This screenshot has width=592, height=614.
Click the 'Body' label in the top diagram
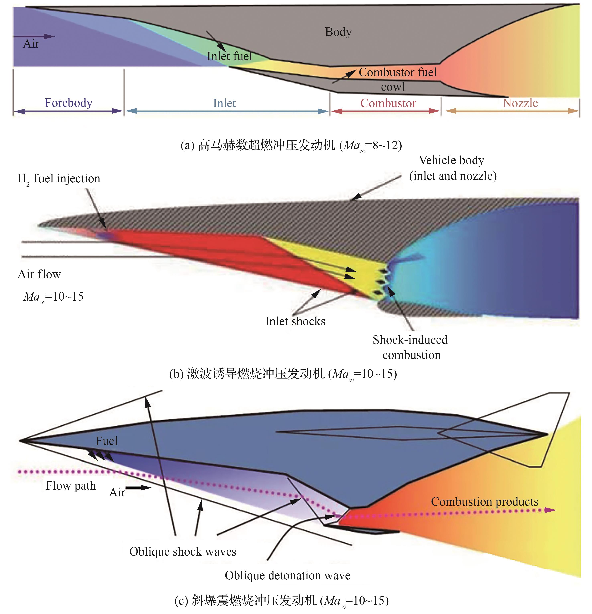coord(338,32)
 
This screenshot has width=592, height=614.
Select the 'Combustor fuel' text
coord(397,72)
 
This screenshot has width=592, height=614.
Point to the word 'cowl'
coord(393,87)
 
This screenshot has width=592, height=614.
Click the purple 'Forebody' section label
coord(68,103)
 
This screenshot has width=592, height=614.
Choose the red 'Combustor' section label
coord(388,103)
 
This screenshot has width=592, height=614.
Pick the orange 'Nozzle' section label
coord(520,103)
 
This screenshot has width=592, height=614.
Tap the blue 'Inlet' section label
coord(224,103)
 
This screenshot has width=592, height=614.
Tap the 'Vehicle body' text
coord(451,160)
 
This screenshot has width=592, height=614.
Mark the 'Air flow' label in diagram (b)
coord(39,274)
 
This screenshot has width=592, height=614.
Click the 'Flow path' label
coord(71,486)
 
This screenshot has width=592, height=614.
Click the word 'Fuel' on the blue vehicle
coord(107,441)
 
